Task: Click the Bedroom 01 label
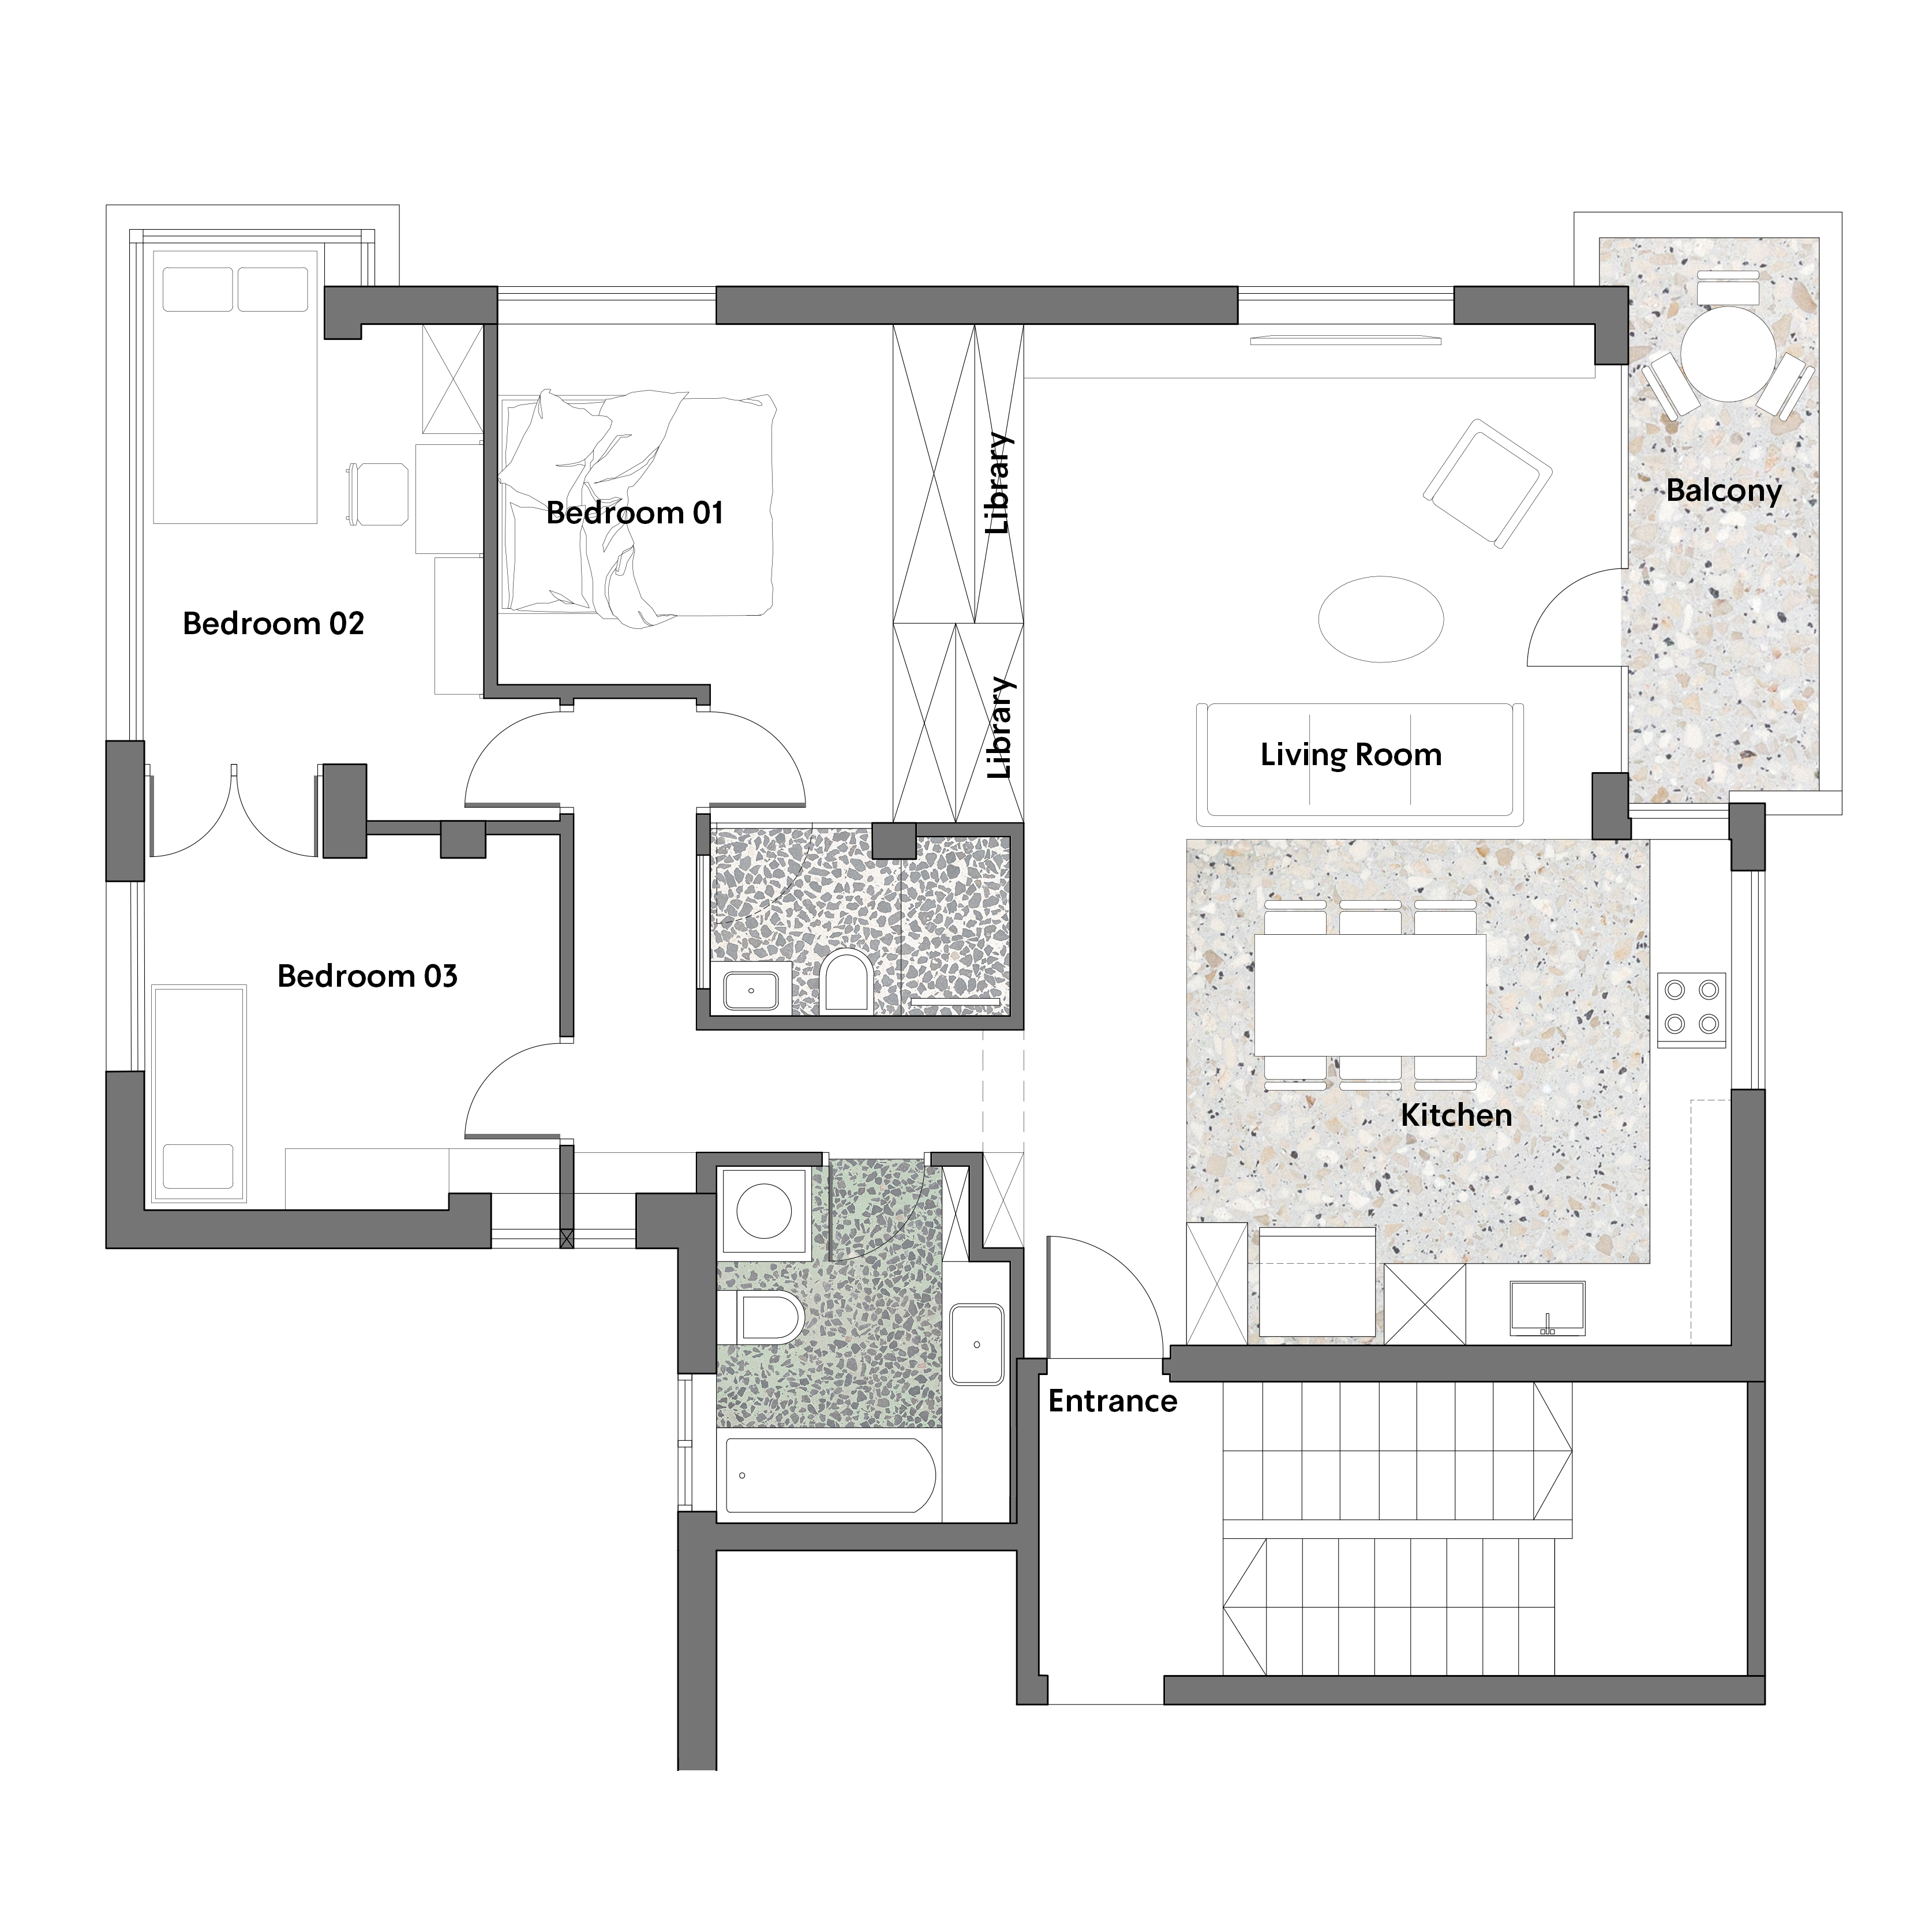pos(635,513)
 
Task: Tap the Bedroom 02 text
pos(274,624)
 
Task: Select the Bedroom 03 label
pos(368,977)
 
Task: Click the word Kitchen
pos(1456,1115)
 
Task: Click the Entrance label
pos(1113,1402)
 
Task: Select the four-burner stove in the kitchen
pos(1692,1009)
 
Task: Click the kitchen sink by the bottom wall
pos(1548,1309)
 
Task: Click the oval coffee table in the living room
pos(1381,618)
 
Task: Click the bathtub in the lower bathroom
pos(830,1476)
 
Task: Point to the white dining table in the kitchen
pos(1370,995)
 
